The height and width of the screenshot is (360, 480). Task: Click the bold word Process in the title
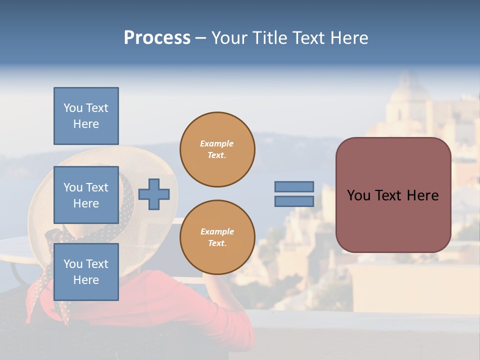click(157, 38)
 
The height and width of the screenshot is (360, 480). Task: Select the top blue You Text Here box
click(86, 116)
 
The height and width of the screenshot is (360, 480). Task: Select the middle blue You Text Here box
click(86, 195)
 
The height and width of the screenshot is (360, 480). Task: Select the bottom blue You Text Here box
click(86, 272)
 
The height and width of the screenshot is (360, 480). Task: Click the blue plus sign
click(154, 194)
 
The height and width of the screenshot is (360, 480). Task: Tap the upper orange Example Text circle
click(217, 149)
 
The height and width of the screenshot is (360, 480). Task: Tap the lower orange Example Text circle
click(217, 237)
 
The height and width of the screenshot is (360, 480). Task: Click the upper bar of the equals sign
click(294, 186)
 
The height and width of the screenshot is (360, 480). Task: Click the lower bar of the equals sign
click(294, 201)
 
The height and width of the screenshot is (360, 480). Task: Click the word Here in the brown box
click(422, 195)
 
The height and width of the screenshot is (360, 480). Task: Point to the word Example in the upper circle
click(217, 143)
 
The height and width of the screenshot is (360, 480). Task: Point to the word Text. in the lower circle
click(217, 243)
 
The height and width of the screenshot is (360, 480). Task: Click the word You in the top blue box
click(73, 108)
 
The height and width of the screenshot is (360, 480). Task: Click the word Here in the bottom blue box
click(86, 280)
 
